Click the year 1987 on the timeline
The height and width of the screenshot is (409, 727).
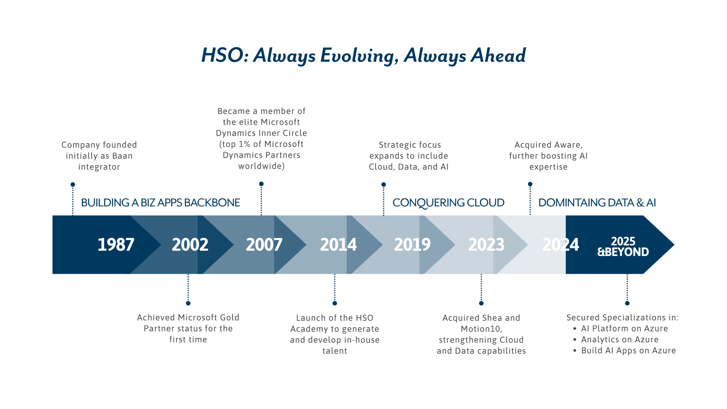116,245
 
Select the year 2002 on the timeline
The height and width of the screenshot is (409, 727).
190,245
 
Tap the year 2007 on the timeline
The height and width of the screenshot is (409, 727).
264,245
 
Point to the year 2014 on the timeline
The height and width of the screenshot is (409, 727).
339,245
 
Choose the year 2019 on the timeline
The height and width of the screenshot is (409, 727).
412,245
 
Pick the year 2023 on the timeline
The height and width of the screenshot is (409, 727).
487,245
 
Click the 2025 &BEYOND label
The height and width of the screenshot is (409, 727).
623,247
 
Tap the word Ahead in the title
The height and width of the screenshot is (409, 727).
498,55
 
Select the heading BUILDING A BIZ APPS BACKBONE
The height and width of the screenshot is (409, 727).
161,203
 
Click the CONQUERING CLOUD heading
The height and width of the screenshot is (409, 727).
448,203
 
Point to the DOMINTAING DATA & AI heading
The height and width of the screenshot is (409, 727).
597,203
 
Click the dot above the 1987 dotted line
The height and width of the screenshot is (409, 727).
73,185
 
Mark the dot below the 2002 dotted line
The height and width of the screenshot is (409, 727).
188,303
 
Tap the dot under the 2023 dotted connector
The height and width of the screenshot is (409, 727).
481,303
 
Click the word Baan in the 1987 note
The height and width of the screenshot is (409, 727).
122,156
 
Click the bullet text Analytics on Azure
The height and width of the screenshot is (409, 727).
620,340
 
